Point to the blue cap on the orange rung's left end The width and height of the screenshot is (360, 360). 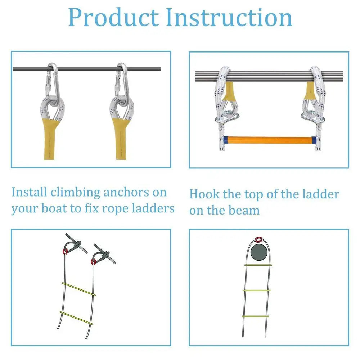click(225, 139)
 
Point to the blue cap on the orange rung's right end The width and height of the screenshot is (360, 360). click(314, 139)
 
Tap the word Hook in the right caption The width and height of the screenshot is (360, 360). click(204, 194)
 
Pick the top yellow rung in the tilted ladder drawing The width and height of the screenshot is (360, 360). click(79, 289)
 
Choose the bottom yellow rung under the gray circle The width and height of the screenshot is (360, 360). click(255, 316)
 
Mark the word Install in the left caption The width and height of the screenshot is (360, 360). click(29, 192)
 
